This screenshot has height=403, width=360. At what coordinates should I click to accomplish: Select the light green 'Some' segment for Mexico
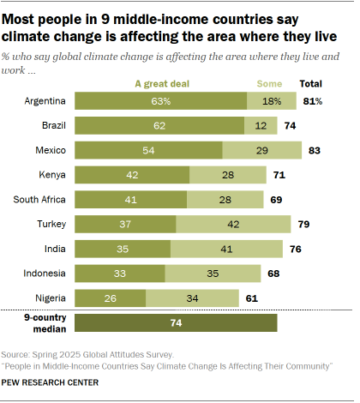coord(261,150)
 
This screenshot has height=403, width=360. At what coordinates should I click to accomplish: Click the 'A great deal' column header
coord(161,83)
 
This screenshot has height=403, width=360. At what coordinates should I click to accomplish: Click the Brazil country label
coord(52,125)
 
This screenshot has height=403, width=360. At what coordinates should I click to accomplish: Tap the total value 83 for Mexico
coord(314,150)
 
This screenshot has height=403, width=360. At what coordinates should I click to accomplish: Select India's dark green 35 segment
coord(123,250)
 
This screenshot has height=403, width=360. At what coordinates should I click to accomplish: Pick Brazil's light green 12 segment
coord(261,125)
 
